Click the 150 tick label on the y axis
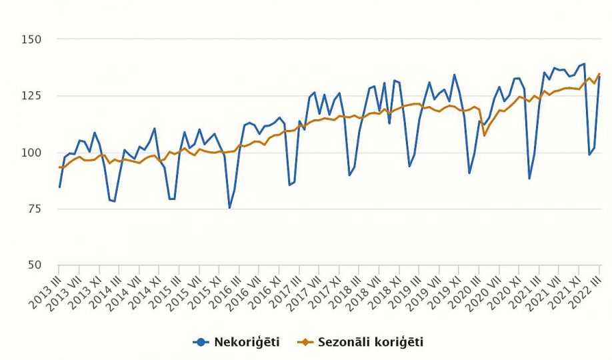point(32,39)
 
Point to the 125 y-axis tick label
point(32,96)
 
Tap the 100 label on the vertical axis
point(32,153)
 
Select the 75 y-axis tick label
point(35,209)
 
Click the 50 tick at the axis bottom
point(35,265)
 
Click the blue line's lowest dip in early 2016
point(230,208)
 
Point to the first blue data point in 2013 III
point(60,187)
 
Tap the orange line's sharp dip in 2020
point(485,135)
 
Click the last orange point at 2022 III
point(599,74)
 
